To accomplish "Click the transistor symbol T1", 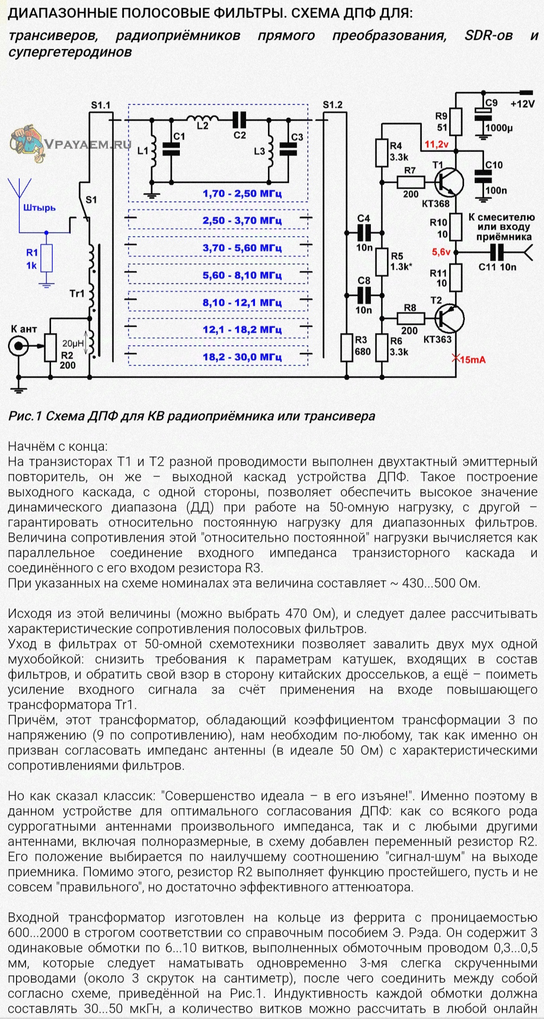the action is pyautogui.click(x=449, y=182).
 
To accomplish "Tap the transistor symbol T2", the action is pyautogui.click(x=449, y=318).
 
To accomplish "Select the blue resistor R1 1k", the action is pyautogui.click(x=46, y=258).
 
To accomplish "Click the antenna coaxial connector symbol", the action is pyautogui.click(x=18, y=346).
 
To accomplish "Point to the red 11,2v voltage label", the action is pyautogui.click(x=437, y=144).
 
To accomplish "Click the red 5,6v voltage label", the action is pyautogui.click(x=441, y=252).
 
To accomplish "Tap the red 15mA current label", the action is pyautogui.click(x=469, y=359).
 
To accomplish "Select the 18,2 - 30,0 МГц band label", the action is pyautogui.click(x=242, y=357).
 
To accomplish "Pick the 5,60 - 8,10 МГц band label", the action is pyautogui.click(x=242, y=275).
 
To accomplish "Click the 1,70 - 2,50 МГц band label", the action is pyautogui.click(x=242, y=194).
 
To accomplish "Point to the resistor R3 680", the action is pyautogui.click(x=347, y=347).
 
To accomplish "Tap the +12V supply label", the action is pyautogui.click(x=523, y=104).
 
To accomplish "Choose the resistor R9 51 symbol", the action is pyautogui.click(x=456, y=122).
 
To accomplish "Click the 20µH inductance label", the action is pyautogui.click(x=73, y=344).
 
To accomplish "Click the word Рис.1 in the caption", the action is pyautogui.click(x=25, y=416).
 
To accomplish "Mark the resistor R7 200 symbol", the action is pyautogui.click(x=411, y=182).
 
